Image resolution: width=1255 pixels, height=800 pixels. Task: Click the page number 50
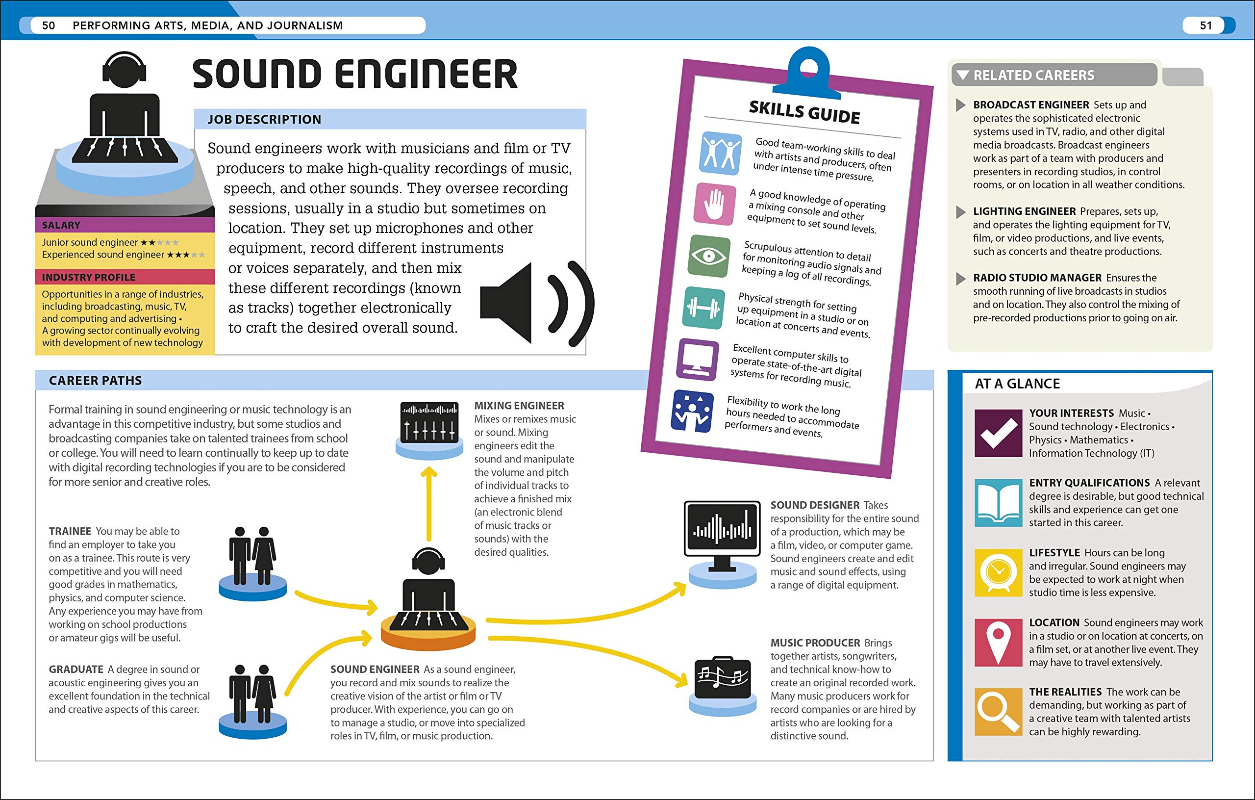[49, 26]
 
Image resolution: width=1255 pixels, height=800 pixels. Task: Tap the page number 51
[1205, 26]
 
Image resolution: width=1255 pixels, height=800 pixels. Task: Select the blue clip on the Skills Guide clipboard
[808, 73]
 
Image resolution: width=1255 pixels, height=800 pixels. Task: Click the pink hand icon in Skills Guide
[715, 204]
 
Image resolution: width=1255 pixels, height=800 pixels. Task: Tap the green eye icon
[708, 256]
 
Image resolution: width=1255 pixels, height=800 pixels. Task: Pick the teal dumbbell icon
[703, 308]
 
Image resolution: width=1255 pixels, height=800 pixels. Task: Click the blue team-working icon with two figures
[720, 154]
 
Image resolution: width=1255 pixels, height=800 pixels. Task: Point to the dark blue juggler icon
[692, 411]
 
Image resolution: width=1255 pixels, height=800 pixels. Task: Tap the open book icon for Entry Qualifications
[998, 503]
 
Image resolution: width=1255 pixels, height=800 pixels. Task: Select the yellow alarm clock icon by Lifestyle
[998, 572]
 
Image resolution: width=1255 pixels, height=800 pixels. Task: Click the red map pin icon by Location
[998, 642]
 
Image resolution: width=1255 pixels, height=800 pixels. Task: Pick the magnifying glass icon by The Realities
[998, 711]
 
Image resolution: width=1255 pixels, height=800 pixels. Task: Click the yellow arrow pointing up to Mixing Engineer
[429, 503]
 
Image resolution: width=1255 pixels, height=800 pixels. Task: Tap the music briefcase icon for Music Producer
[722, 677]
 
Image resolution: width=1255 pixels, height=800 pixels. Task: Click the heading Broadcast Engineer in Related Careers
[1031, 105]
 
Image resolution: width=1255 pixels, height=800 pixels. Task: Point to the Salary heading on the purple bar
[61, 225]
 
